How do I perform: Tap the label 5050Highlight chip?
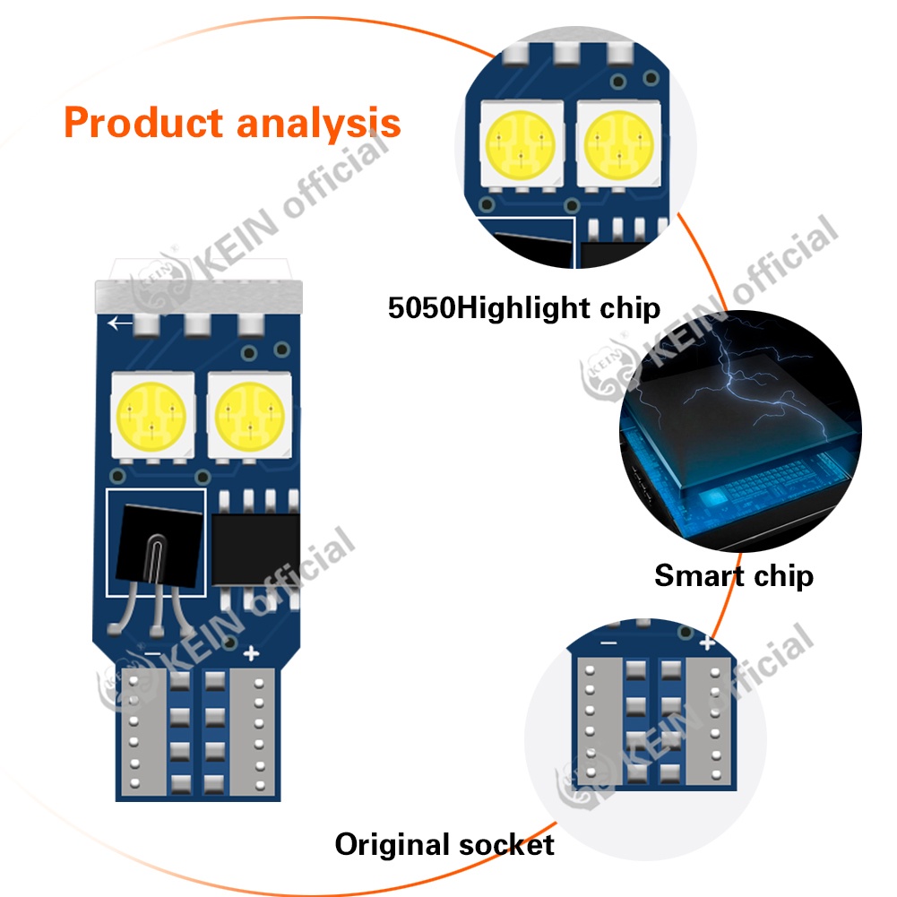[x=524, y=308]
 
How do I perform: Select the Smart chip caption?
[x=734, y=574]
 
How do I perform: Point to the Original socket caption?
[x=444, y=843]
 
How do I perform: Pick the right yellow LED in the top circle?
[x=617, y=143]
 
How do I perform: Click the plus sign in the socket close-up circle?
[x=707, y=642]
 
